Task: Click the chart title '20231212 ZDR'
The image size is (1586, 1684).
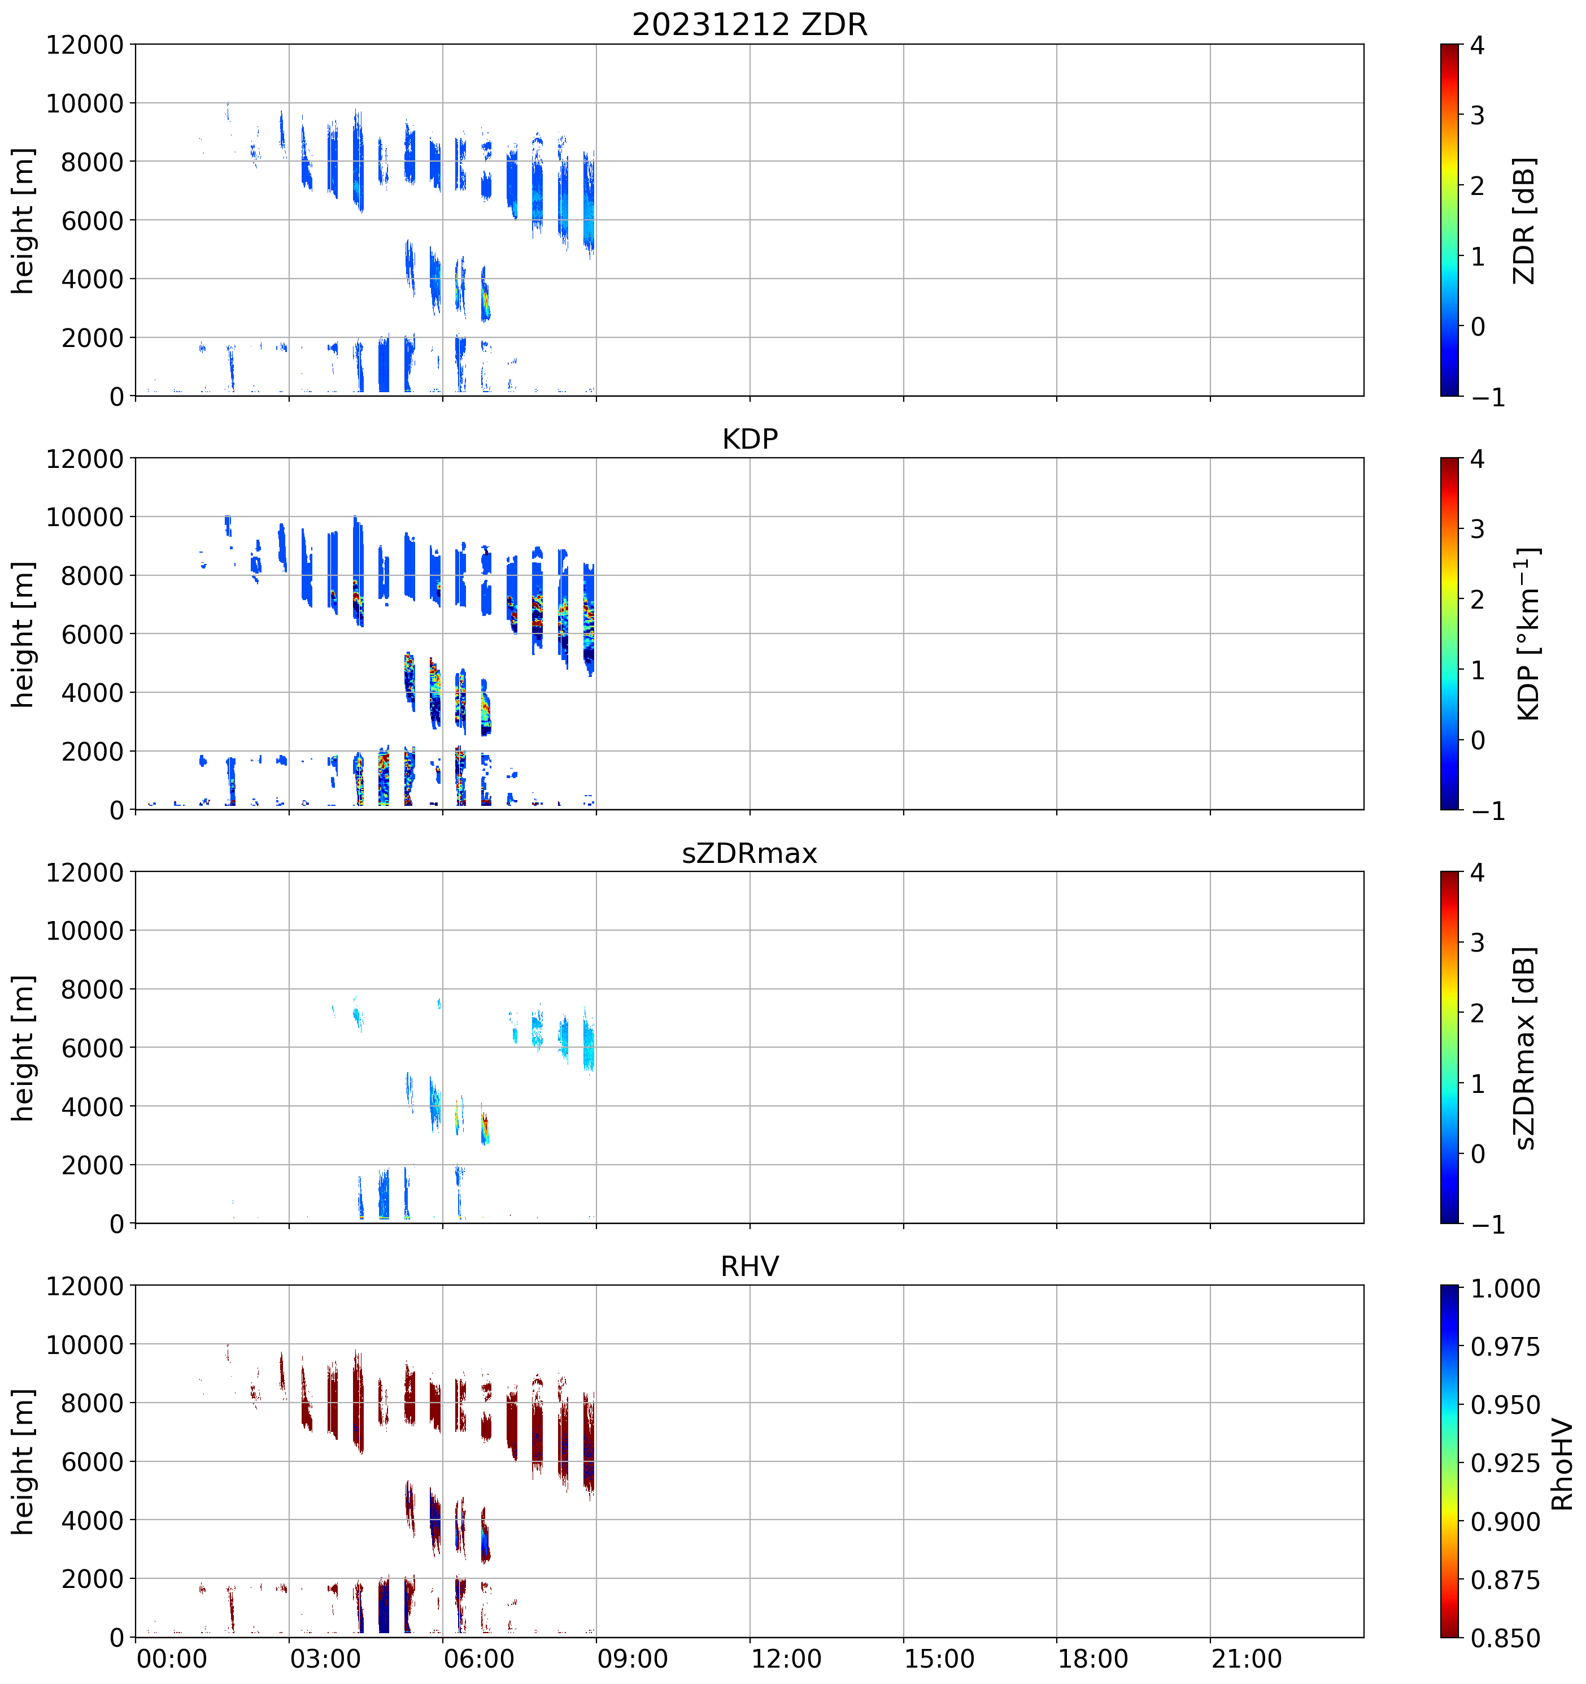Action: (x=750, y=24)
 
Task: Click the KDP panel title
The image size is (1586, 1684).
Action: (x=750, y=439)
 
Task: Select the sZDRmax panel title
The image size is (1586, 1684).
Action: (x=750, y=853)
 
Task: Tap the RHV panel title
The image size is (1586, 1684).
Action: (x=750, y=1266)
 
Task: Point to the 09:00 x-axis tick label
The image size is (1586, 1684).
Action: (x=633, y=1658)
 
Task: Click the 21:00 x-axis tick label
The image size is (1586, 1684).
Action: (x=1247, y=1658)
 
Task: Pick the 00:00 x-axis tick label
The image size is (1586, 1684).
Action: (x=172, y=1658)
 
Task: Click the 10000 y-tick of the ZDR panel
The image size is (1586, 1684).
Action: (x=85, y=103)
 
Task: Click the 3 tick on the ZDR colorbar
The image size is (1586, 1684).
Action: (x=1478, y=115)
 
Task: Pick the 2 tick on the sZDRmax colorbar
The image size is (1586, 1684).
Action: (x=1478, y=1013)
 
